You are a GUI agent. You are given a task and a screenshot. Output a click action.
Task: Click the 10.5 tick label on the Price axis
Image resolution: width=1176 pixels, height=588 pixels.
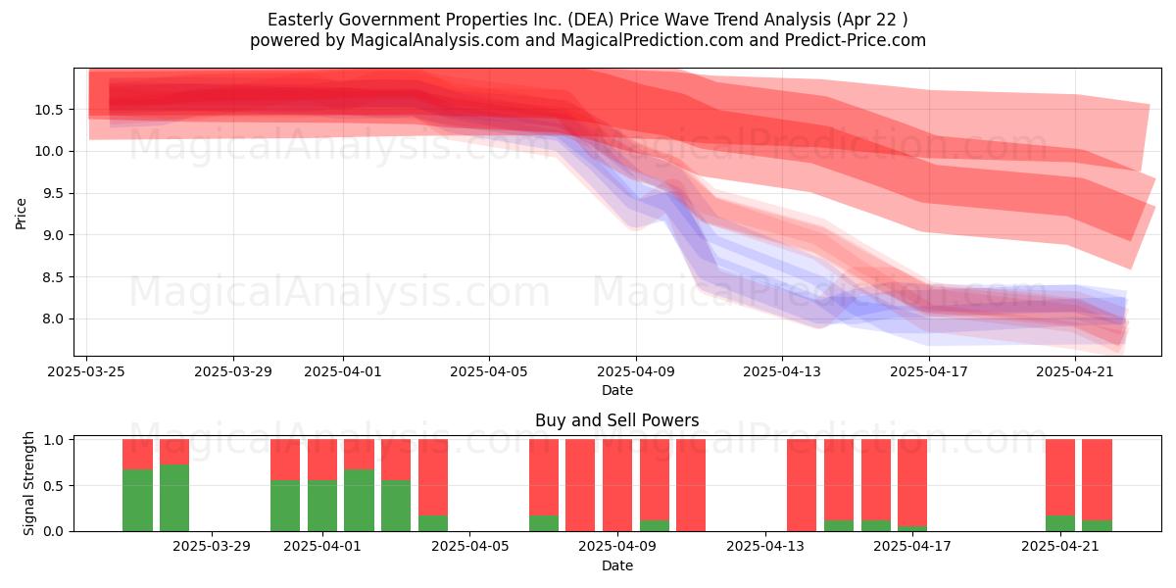tap(48, 110)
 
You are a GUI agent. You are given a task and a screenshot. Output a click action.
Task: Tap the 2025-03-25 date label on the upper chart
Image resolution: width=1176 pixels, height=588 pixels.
tap(86, 371)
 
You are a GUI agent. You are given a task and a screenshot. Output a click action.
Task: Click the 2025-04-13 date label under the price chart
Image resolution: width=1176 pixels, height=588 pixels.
tap(782, 371)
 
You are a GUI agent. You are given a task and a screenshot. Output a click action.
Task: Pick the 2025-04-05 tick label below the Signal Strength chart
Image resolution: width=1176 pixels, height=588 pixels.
tap(469, 547)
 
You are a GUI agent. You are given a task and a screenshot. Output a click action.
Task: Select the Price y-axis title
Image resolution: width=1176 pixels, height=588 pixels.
tap(21, 214)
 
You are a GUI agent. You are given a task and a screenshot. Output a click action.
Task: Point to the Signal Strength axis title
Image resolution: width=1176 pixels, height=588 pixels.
tap(28, 483)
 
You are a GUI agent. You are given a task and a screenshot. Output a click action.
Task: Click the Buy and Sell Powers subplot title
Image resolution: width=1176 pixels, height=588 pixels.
tap(616, 420)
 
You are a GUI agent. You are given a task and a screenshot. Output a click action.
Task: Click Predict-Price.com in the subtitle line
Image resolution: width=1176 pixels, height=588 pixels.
tap(856, 40)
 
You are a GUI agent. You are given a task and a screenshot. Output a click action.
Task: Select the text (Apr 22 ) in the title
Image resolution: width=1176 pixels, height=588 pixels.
tap(872, 20)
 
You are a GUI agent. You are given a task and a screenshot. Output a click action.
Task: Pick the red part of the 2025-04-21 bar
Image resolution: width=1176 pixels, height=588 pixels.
tap(1060, 477)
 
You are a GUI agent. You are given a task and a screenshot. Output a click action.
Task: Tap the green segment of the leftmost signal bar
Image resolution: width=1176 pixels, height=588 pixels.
tap(137, 501)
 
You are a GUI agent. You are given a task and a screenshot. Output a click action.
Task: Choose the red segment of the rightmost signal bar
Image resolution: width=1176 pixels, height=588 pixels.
tap(1098, 479)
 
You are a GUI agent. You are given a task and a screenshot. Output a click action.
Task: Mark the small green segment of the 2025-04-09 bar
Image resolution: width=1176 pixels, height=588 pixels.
tap(655, 525)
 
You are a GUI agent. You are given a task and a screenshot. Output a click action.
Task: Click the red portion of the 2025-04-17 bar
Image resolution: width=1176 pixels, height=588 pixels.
tap(912, 482)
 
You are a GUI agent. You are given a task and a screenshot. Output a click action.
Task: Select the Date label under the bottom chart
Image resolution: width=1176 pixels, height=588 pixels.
tap(616, 566)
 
